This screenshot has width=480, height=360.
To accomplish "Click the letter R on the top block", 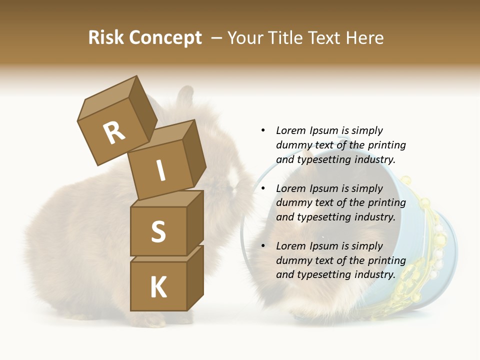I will point(114,133).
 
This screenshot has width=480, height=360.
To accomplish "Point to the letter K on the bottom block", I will point(158,287).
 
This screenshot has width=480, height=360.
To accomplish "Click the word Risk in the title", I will point(106,37).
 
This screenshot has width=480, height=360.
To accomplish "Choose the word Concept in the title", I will point(165,37).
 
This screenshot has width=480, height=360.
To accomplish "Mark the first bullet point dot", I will point(263,130).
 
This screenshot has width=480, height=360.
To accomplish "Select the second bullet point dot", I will point(263,188).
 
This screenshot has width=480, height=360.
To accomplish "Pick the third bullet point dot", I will point(263,246).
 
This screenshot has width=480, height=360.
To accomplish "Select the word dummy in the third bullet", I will point(291,260).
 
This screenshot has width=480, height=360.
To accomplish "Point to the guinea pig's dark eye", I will point(323,236).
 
